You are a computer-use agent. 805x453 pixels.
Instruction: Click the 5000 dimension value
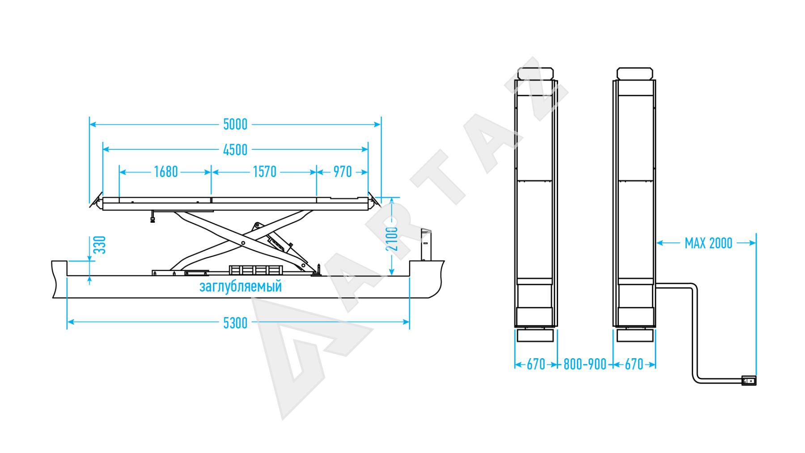coord(235,124)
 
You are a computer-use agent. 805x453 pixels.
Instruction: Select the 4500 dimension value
coord(235,150)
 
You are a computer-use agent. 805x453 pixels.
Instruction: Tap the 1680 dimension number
coord(166,172)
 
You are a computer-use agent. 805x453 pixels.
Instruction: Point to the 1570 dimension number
coord(265,172)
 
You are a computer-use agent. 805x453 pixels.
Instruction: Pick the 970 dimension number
coord(343,172)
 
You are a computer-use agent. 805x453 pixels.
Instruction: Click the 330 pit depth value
coord(101,245)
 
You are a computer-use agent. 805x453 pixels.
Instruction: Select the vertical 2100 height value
coord(392,239)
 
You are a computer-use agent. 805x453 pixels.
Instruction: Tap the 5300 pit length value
coord(235,323)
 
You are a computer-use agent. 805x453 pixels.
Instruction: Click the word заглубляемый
coord(241,286)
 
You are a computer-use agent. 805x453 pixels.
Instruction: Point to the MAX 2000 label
coord(708,243)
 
